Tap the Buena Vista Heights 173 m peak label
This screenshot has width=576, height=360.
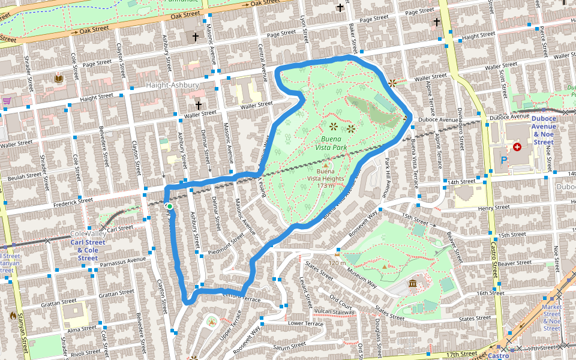(x=326, y=178)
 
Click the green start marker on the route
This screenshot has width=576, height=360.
(x=170, y=206)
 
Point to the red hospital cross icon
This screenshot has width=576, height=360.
(x=517, y=146)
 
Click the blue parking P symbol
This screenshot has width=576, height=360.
(x=503, y=160)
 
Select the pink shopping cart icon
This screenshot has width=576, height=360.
(x=7, y=101)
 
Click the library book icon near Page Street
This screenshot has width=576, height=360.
(x=59, y=79)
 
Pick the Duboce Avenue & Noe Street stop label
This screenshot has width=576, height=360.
(x=544, y=130)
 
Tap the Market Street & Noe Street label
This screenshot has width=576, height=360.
(x=552, y=317)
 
